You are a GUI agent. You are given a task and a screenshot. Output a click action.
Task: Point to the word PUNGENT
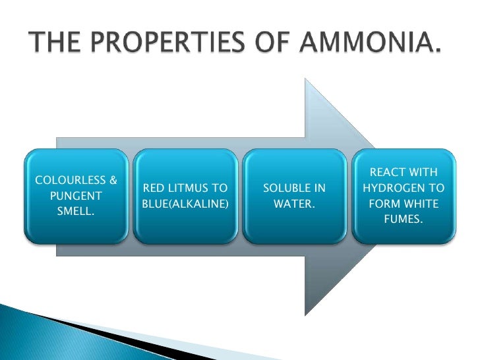[x=75, y=196]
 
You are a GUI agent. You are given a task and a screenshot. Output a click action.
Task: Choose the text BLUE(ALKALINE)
[x=185, y=204]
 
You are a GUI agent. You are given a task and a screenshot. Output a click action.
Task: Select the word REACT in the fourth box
[x=386, y=173]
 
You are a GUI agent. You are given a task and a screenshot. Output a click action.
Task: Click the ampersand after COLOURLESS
[x=113, y=180]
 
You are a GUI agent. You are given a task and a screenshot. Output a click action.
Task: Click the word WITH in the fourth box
[x=423, y=173]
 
